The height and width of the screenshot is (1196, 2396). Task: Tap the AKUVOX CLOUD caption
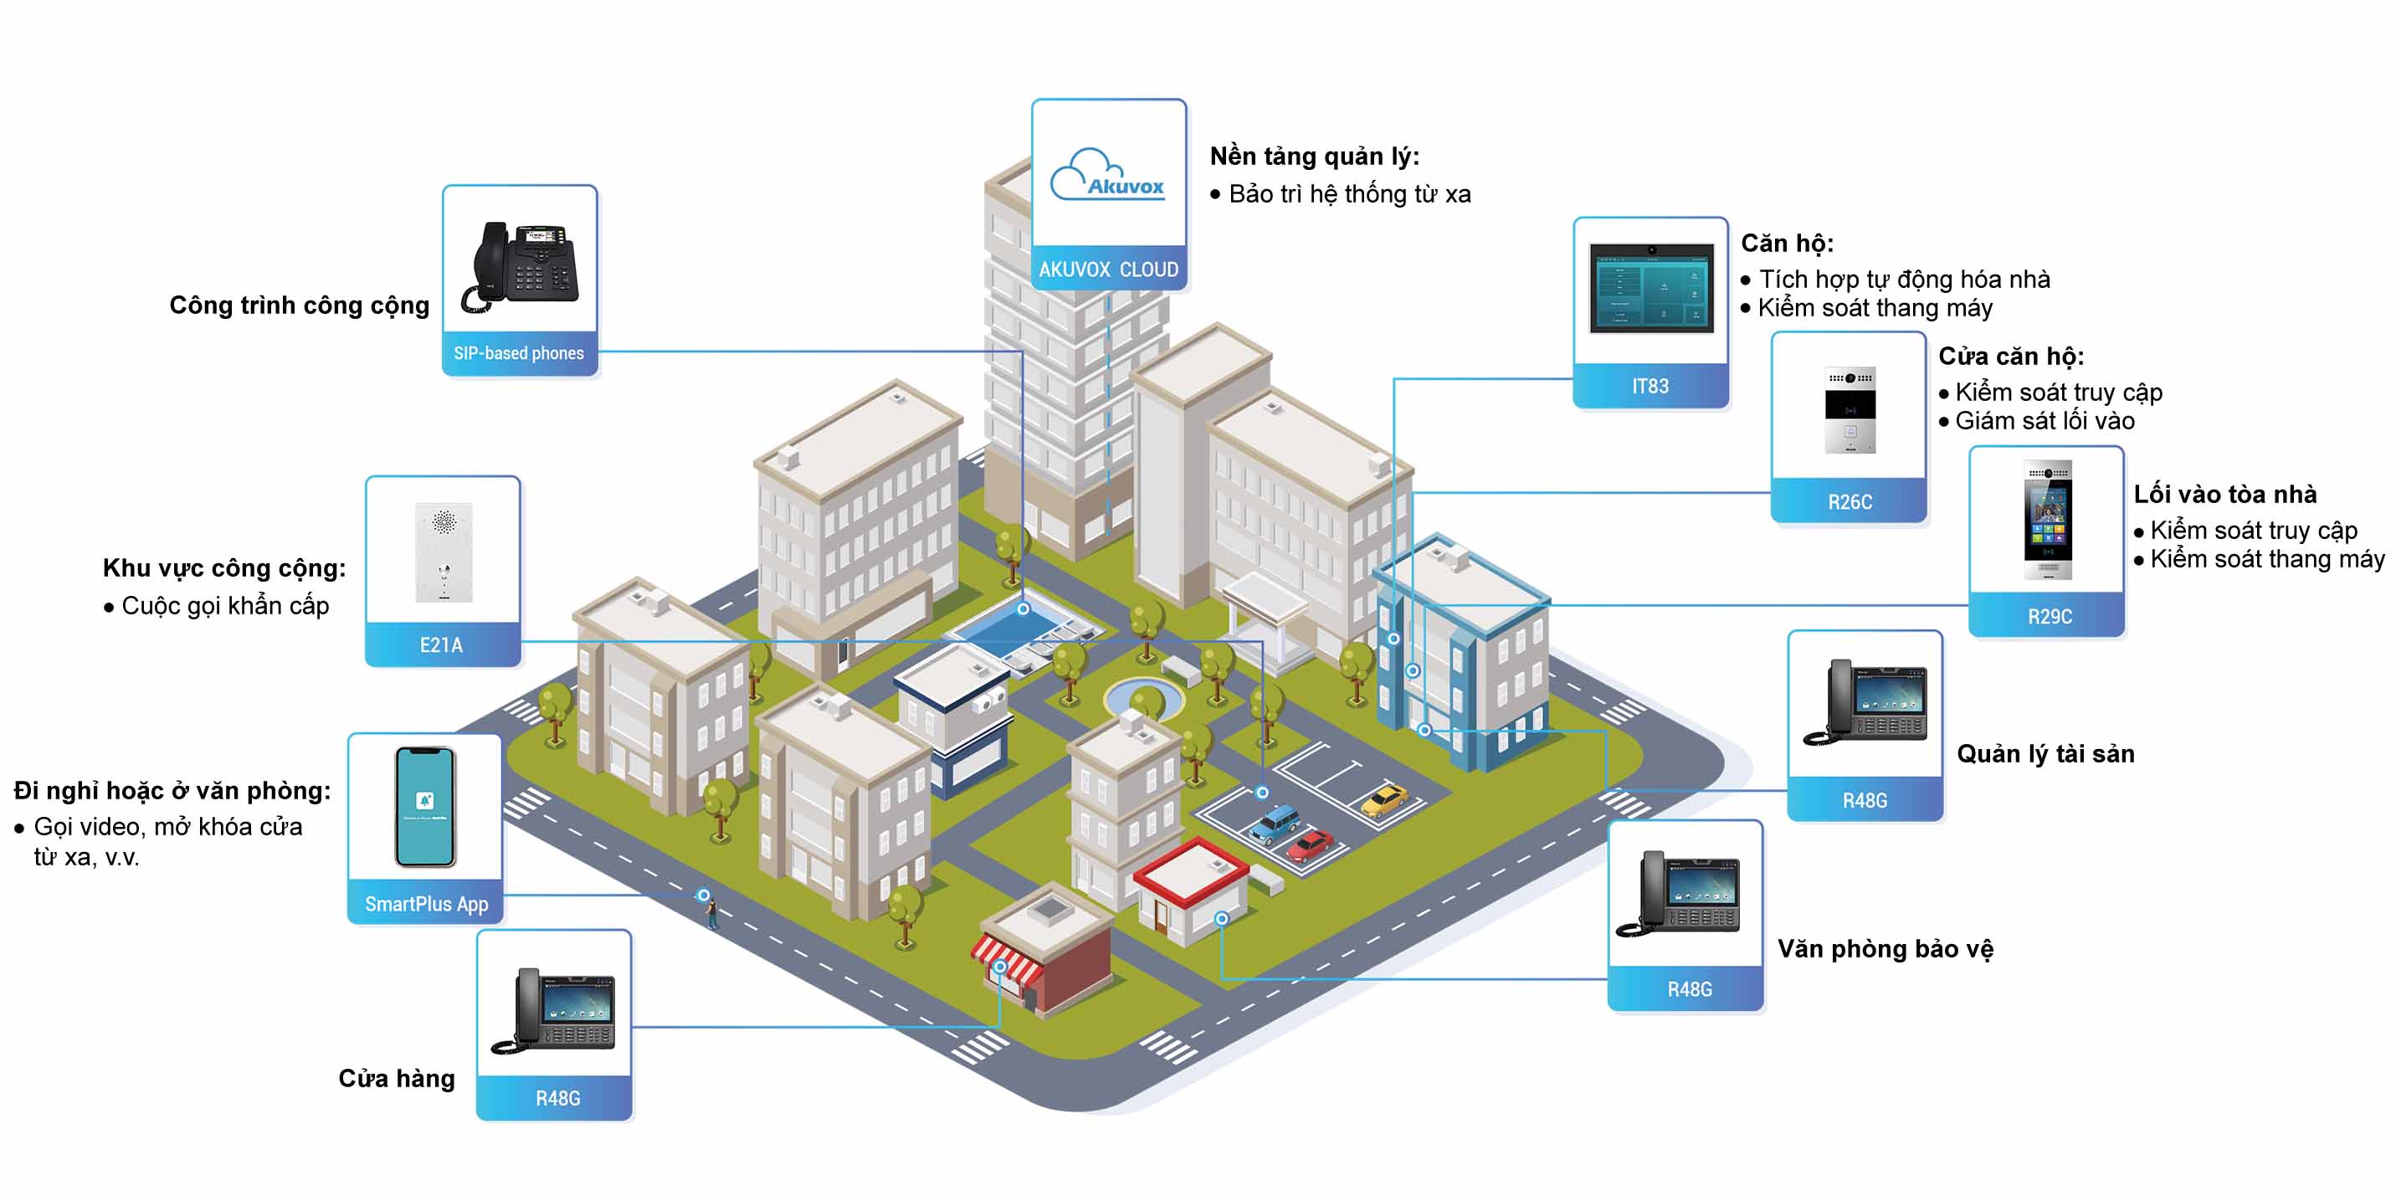(1108, 269)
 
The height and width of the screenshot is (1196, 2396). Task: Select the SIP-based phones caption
(519, 353)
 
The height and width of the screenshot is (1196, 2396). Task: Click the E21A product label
(442, 644)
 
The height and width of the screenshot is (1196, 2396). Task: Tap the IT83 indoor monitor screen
(1651, 288)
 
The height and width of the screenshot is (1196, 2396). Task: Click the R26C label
(1850, 502)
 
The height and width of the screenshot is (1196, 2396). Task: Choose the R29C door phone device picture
(2048, 519)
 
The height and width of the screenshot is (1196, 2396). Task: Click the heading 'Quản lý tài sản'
(2045, 753)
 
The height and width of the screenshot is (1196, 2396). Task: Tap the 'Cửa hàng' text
(396, 1078)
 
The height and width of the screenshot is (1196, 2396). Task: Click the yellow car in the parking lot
(1383, 800)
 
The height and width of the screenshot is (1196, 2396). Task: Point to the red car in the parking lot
(1310, 845)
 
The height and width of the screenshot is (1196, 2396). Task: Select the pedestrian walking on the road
(712, 913)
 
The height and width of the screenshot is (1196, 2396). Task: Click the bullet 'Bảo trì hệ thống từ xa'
(1350, 194)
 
